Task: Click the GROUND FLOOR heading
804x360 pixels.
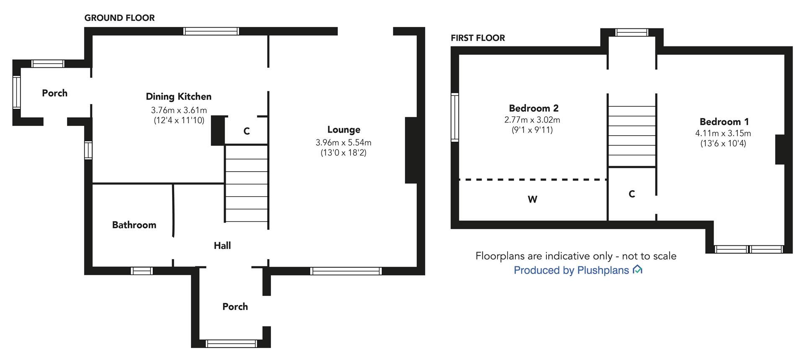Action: click(119, 18)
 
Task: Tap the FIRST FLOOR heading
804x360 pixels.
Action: click(478, 38)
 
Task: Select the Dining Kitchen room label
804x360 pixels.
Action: click(178, 97)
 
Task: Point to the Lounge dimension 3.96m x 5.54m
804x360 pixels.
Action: click(343, 143)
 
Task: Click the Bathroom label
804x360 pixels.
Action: click(134, 225)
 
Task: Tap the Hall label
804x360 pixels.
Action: click(222, 246)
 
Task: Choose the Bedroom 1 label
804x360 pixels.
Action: click(724, 122)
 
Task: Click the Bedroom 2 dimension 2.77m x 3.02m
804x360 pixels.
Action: click(532, 120)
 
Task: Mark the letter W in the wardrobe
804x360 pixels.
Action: click(532, 200)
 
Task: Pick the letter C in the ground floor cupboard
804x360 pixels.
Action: click(247, 131)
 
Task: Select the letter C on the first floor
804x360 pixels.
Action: click(632, 194)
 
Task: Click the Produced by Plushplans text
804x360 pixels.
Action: click(571, 270)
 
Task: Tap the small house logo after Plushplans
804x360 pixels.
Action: click(637, 270)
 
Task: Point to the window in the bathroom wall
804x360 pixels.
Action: click(142, 271)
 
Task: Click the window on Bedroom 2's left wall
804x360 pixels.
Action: click(455, 118)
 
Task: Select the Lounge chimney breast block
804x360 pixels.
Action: click(411, 150)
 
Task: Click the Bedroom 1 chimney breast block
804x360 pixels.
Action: click(780, 149)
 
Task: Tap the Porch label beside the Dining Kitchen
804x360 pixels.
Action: click(54, 93)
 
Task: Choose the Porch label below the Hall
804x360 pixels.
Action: click(235, 307)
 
